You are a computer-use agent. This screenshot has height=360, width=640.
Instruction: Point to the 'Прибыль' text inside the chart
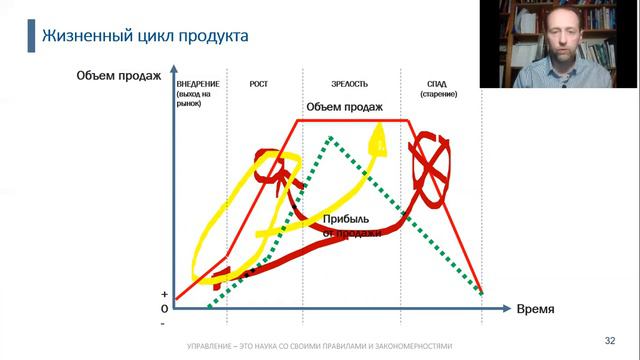pyautogui.click(x=346, y=219)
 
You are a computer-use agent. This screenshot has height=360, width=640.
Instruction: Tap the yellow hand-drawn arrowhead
pyautogui.click(x=378, y=137)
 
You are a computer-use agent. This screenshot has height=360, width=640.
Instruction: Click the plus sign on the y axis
pyautogui.click(x=163, y=296)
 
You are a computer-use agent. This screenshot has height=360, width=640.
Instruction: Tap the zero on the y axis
pyautogui.click(x=163, y=309)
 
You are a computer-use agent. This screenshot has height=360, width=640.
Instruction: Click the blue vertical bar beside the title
pyautogui.click(x=29, y=37)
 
